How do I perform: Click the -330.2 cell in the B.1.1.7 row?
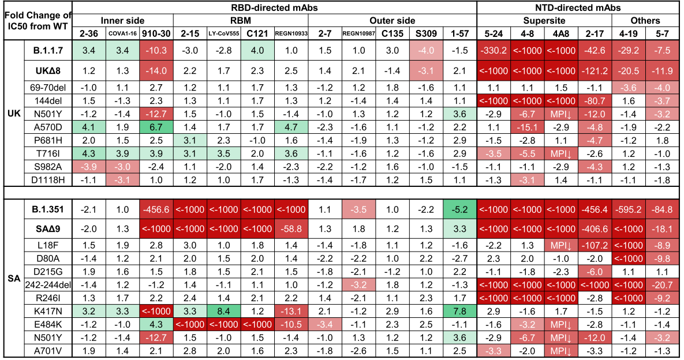click(494, 51)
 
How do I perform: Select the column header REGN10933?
click(291, 33)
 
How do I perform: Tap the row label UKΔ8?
click(48, 70)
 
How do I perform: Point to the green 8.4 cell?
click(223, 311)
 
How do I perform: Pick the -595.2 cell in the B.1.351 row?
click(628, 209)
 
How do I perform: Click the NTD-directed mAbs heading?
click(578, 8)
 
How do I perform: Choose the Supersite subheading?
click(544, 21)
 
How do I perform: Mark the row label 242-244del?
click(48, 285)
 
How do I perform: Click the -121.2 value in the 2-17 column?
click(595, 70)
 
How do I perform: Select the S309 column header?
click(426, 33)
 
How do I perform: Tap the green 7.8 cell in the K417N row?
click(460, 311)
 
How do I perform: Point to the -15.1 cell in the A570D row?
click(527, 127)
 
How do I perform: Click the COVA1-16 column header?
click(122, 33)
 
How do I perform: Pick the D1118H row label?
click(48, 179)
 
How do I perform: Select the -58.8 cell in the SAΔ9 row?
click(291, 229)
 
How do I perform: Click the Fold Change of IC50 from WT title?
click(38, 21)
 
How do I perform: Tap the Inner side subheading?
click(122, 21)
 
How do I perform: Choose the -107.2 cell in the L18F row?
click(595, 245)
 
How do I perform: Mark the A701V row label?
click(48, 351)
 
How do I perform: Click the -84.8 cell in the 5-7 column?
click(661, 209)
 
